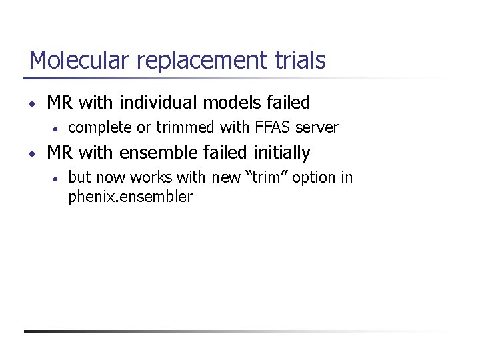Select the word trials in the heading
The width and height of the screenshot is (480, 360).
(x=300, y=61)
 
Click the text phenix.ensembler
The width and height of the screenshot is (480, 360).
(x=130, y=197)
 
